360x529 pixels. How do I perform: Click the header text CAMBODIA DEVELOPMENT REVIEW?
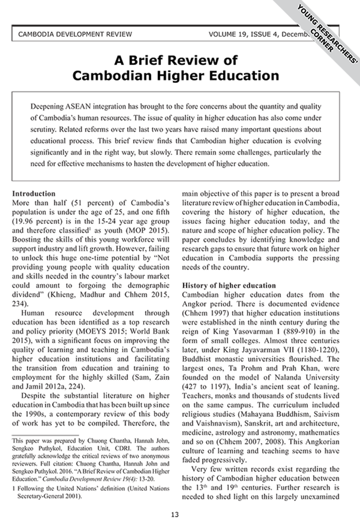(x=75, y=34)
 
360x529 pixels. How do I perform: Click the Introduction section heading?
(x=33, y=194)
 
